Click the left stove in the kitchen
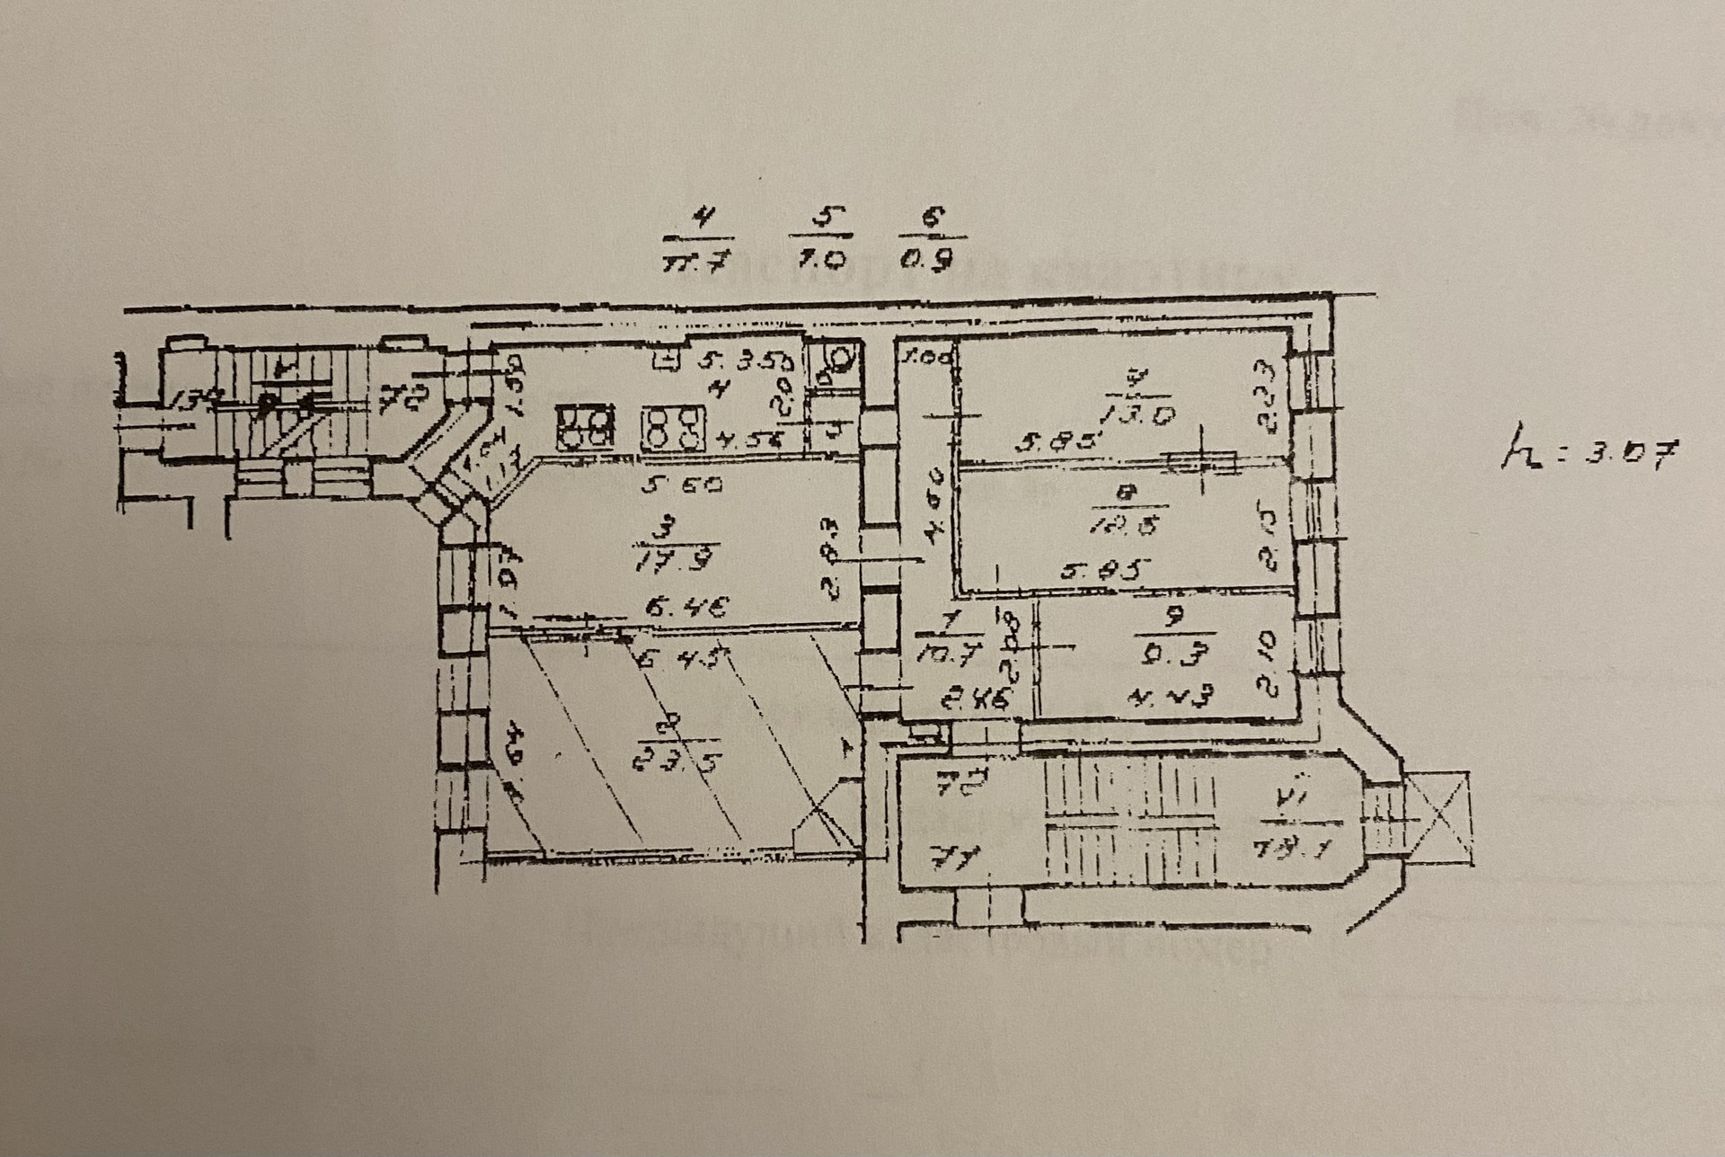(x=585, y=429)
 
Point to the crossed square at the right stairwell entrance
(x=1439, y=817)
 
